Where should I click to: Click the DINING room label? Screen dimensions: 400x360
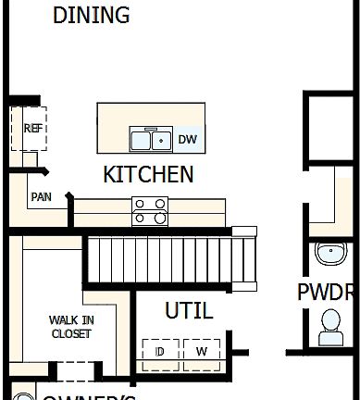coord(91,16)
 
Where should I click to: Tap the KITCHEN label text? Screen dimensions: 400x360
coord(148,174)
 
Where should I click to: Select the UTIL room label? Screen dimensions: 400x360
coord(188,310)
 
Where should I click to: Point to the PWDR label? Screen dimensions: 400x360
coord(327,293)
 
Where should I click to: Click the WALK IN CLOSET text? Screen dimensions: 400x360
coord(71,327)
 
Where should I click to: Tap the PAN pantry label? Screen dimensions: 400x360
coord(41,197)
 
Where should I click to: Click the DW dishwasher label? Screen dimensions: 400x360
coord(188,140)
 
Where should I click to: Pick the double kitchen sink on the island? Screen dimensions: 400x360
coord(152,140)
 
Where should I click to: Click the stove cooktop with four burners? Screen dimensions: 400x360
coord(150,211)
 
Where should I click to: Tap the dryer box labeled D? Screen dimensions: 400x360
coord(160,353)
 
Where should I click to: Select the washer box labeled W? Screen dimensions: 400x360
coord(202,353)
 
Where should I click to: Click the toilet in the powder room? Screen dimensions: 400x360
coord(330,323)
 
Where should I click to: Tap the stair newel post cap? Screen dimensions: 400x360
coord(244,231)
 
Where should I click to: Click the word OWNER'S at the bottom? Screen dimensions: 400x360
coord(88,396)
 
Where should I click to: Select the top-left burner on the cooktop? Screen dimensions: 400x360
coord(141,204)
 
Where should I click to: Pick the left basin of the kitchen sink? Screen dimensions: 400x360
coord(142,141)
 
